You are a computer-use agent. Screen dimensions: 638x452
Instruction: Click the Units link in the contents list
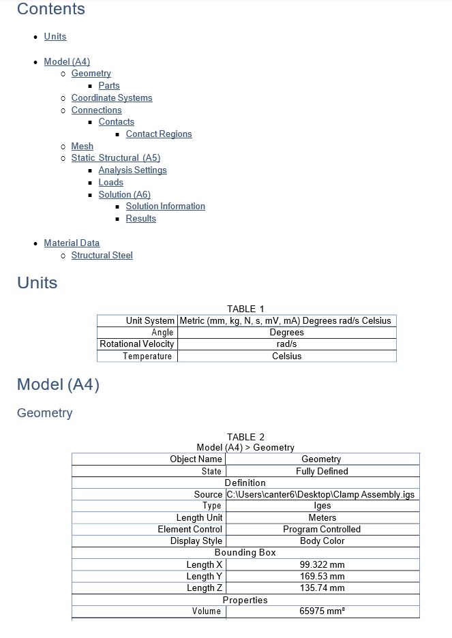[x=55, y=37]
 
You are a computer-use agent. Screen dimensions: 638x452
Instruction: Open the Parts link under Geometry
[x=109, y=86]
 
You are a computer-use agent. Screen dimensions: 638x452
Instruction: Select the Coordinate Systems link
[x=112, y=98]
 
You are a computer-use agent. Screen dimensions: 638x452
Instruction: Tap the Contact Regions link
[x=159, y=134]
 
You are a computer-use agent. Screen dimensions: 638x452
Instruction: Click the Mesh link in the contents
[x=82, y=147]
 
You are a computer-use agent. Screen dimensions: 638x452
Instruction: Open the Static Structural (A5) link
[x=116, y=158]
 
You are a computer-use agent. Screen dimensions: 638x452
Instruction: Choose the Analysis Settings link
[x=132, y=170]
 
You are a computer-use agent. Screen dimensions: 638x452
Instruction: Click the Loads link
[x=110, y=183]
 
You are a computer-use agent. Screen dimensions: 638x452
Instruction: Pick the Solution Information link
[x=165, y=207]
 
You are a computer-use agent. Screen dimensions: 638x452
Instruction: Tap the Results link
[x=141, y=219]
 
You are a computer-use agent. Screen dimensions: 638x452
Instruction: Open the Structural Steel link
[x=102, y=256]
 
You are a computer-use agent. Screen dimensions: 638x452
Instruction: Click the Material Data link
[x=72, y=243]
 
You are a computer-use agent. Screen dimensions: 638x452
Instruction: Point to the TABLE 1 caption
[x=245, y=309]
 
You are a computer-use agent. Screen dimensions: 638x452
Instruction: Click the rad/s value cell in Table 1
[x=286, y=344]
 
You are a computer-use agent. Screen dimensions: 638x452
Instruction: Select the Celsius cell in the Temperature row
[x=286, y=356]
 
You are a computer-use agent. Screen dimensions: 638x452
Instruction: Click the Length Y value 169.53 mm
[x=322, y=577]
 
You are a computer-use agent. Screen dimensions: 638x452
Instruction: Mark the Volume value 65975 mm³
[x=322, y=611]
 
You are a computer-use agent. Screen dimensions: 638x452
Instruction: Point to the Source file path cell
[x=320, y=495]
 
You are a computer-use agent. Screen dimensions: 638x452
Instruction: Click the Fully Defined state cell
[x=322, y=472]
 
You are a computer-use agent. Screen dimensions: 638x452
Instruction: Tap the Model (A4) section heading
[x=58, y=385]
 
